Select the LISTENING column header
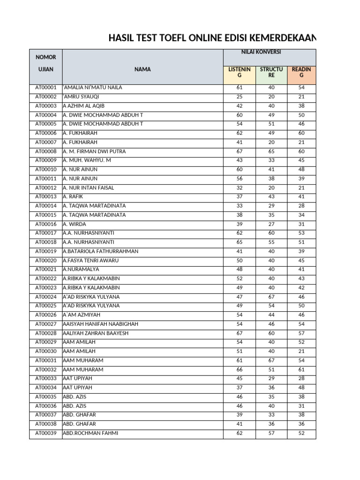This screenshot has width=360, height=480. (x=239, y=72)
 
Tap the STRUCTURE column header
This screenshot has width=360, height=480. (x=271, y=72)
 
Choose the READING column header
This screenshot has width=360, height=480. (x=301, y=72)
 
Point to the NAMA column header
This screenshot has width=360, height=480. (x=142, y=69)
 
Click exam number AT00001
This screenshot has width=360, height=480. (x=45, y=88)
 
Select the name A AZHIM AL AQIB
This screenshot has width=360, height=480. (x=84, y=106)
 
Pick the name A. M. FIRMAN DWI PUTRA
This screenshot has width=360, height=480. (x=94, y=151)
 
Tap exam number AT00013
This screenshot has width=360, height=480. (x=45, y=197)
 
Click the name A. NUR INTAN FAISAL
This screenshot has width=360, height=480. (x=89, y=188)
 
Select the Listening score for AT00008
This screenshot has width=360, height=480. (x=240, y=151)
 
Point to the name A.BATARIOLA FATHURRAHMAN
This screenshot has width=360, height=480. (x=101, y=251)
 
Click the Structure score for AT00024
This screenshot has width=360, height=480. (x=271, y=297)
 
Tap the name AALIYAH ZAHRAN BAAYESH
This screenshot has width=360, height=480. (x=96, y=333)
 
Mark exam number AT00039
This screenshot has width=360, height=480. (x=45, y=434)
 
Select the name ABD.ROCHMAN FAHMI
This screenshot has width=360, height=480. (x=90, y=434)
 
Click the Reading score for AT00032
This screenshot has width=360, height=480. (x=301, y=370)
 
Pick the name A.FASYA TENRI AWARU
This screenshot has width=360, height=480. (x=91, y=261)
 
